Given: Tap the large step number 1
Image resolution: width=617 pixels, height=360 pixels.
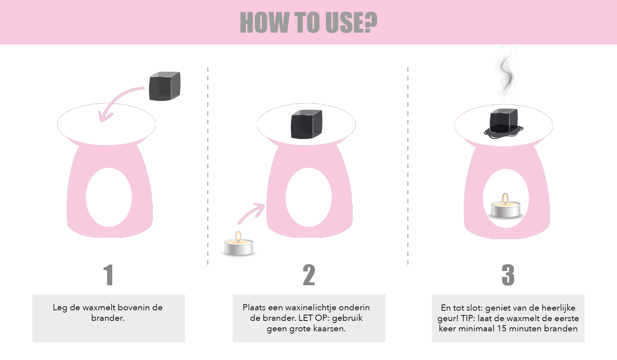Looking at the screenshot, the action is click(x=108, y=275).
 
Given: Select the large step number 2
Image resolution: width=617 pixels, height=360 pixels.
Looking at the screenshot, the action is click(x=309, y=275).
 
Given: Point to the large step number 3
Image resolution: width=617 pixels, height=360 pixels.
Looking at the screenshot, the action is click(x=508, y=275).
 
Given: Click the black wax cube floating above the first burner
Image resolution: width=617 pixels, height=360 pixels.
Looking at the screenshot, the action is click(x=165, y=86).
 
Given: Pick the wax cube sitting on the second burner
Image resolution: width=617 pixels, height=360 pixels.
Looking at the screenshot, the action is click(x=307, y=124).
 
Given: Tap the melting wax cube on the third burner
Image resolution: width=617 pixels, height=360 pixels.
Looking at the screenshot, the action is click(x=503, y=124).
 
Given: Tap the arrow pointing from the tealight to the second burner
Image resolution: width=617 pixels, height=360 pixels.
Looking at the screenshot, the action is click(x=251, y=213).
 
